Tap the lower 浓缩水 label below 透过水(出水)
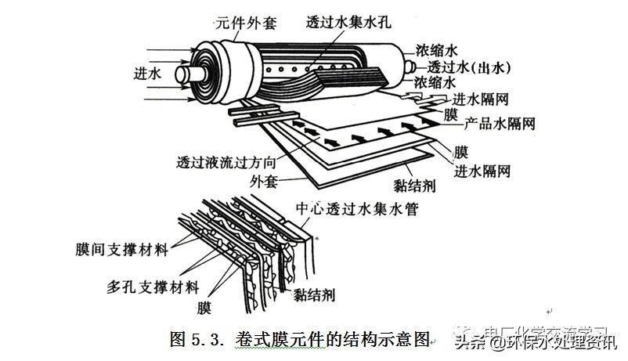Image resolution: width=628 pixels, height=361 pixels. click(x=435, y=82)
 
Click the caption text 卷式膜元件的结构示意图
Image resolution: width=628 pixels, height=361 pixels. click(x=334, y=340)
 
